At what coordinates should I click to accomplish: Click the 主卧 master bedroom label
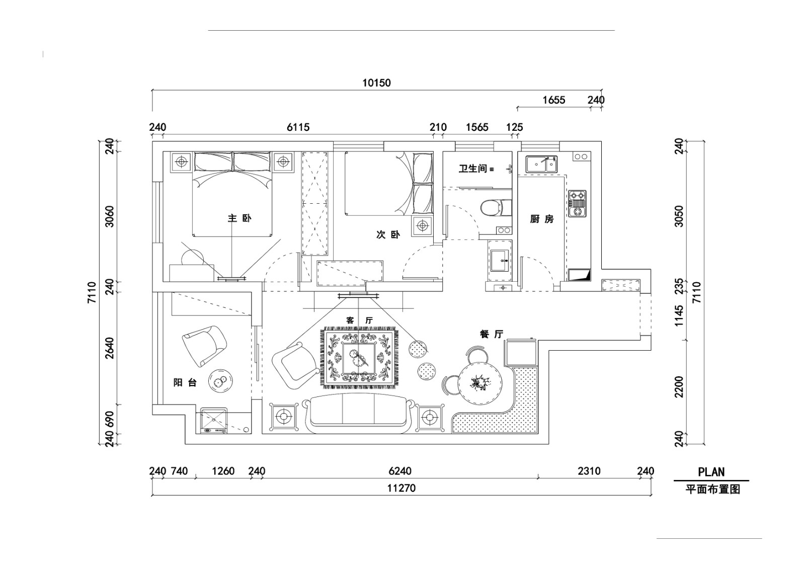[x=239, y=218]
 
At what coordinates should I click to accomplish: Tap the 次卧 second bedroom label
[x=388, y=234]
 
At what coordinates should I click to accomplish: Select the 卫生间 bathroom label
[x=472, y=169]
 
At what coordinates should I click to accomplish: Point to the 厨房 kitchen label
[x=541, y=219]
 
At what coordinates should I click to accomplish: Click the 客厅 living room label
[x=359, y=320]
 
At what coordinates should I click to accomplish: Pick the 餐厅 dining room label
[x=492, y=334]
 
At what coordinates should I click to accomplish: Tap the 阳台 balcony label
[x=185, y=383]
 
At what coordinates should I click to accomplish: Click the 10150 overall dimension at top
[x=376, y=83]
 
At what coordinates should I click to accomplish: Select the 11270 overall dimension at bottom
[x=401, y=488]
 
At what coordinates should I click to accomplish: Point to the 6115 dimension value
[x=298, y=127]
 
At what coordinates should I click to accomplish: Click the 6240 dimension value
[x=400, y=471]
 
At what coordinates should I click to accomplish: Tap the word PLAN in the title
[x=711, y=472]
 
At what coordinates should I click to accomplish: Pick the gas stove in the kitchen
[x=578, y=203]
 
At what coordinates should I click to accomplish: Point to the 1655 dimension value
[x=553, y=100]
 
